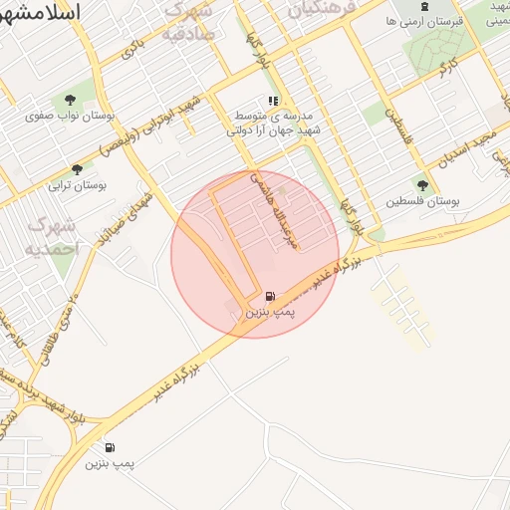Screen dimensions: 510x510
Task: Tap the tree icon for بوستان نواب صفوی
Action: pos(71,100)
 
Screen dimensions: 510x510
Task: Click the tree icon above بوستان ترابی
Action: pos(78,169)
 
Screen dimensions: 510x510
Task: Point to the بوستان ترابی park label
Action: pos(78,185)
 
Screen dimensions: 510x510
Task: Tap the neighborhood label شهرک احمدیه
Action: pos(50,236)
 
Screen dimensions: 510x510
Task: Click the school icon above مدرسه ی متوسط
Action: pos(273,102)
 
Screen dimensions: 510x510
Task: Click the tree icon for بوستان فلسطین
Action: pos(422,184)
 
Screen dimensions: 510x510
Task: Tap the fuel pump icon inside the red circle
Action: pos(270,297)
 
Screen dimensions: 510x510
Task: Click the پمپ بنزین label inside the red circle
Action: pos(270,313)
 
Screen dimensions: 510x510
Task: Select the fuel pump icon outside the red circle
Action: pos(109,448)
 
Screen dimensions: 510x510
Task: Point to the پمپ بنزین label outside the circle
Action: pos(109,464)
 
